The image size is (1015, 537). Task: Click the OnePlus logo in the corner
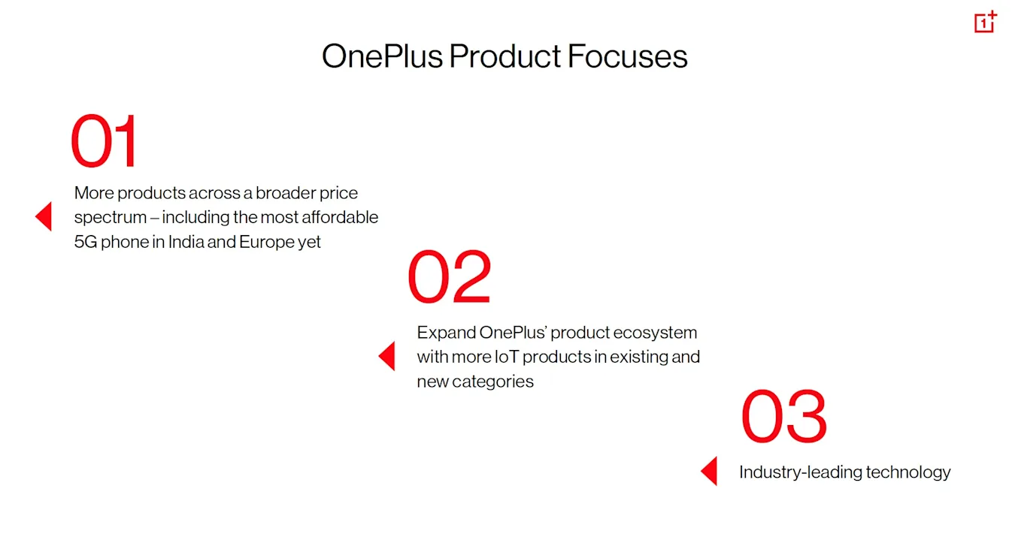coord(986,21)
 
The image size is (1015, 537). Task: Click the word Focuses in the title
coord(627,56)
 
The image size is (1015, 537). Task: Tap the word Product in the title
coord(504,56)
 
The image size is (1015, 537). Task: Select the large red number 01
coord(104,140)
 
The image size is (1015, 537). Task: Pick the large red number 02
coord(449,276)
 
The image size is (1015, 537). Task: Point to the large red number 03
coord(784,415)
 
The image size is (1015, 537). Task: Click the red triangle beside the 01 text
coord(44,216)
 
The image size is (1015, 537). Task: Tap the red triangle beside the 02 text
coord(386,356)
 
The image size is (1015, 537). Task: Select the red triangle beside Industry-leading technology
coord(709,471)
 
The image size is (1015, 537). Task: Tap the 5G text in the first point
coord(86,242)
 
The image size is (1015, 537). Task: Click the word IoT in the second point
coord(506,357)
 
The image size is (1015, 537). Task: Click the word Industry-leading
coord(800,472)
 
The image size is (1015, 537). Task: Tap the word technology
coord(908,472)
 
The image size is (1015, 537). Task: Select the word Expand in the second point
coord(446,333)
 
